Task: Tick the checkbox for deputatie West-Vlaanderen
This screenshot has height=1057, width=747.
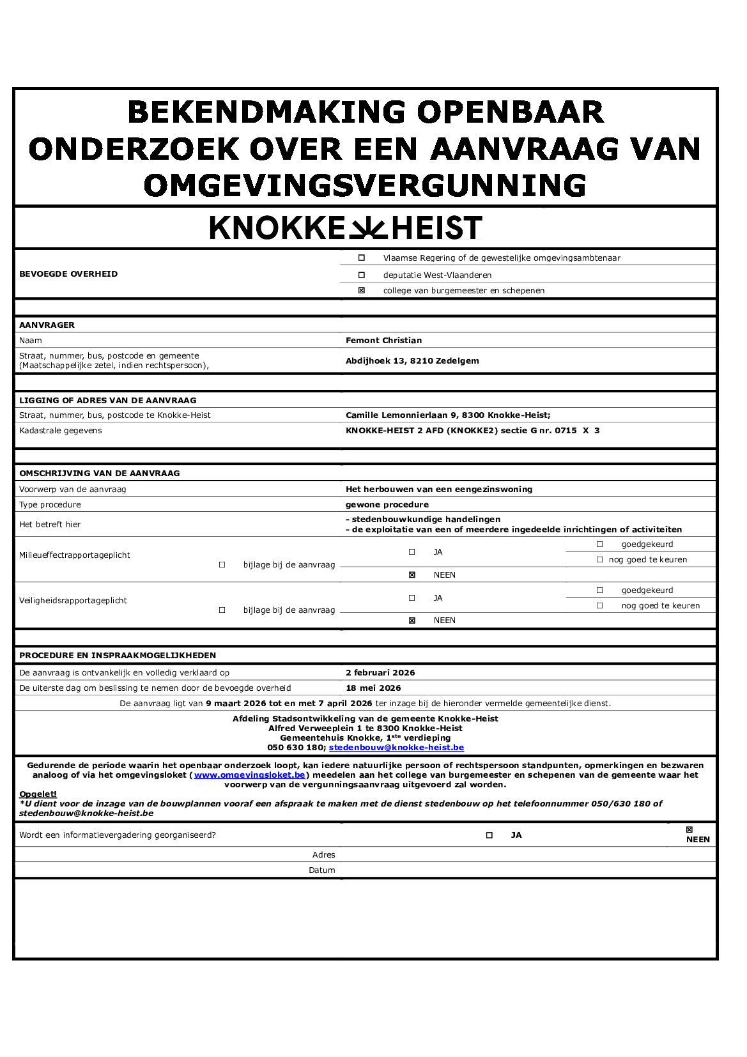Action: pos(362,275)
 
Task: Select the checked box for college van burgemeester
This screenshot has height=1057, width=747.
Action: pos(362,290)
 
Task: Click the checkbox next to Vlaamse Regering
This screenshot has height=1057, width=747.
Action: pos(362,258)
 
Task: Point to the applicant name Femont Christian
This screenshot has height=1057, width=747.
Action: pos(383,340)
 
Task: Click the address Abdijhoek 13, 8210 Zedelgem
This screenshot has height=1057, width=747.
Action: pos(412,360)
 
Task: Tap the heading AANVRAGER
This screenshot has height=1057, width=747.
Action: pos(47,325)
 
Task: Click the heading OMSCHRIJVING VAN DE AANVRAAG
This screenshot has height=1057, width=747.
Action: pos(99,473)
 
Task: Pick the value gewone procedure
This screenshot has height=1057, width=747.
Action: pos(387,504)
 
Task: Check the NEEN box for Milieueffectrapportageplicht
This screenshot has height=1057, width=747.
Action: pos(412,575)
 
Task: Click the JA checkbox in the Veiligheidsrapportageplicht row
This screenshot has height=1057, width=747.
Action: pos(412,598)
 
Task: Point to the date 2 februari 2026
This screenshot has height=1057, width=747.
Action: pos(380,672)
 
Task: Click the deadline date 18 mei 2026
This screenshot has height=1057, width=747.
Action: pos(373,688)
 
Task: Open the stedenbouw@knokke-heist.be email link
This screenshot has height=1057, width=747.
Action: pos(396,747)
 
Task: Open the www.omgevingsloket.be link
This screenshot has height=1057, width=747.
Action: pos(249,775)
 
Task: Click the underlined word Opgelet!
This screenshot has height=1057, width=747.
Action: pos(38,794)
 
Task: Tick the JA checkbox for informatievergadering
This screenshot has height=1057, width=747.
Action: pos(489,835)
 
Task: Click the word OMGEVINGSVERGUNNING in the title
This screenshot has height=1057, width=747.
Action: pos(365,185)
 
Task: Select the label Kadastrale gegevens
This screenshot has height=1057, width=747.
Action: pos(61,430)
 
